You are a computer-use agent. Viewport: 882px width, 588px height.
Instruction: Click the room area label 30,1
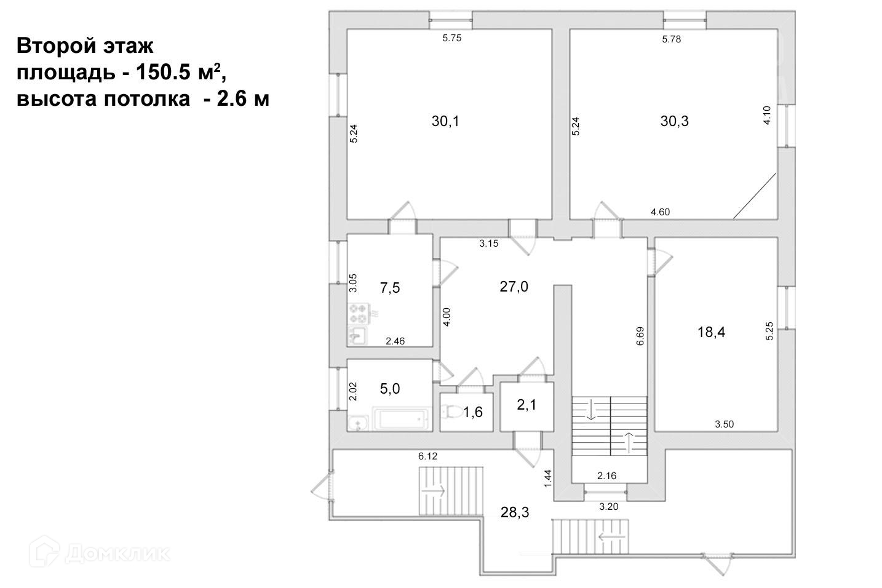tap(445, 121)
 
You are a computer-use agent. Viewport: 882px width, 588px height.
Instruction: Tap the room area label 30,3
tap(674, 121)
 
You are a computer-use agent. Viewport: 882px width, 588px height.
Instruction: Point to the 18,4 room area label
tap(712, 332)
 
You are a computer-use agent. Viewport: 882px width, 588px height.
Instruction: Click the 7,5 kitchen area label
tap(390, 288)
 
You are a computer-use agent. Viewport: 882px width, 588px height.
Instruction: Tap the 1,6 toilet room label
tap(472, 412)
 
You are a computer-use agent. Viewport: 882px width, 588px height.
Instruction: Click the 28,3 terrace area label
tap(515, 512)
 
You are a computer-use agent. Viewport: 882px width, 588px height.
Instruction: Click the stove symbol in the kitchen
tap(358, 314)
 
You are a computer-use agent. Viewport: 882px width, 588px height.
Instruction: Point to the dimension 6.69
tap(640, 338)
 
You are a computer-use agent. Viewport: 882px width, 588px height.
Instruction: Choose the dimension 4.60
tap(660, 212)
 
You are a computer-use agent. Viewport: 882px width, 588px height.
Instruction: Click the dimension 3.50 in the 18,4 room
tap(725, 424)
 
